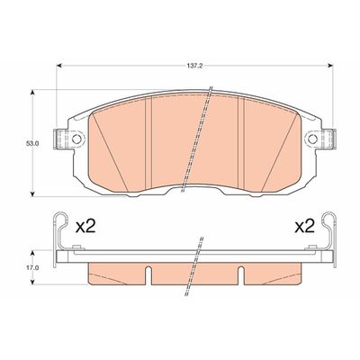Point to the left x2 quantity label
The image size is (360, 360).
(85, 227)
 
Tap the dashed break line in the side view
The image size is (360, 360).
(193, 261)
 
